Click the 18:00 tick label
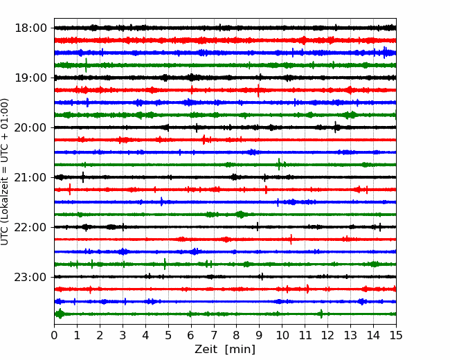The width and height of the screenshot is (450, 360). tap(30, 28)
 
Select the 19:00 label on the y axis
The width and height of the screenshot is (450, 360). tap(30, 78)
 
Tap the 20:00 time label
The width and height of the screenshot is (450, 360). tap(30, 127)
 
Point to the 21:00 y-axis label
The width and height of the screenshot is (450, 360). tap(30, 177)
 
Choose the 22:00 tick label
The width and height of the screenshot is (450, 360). tap(30, 227)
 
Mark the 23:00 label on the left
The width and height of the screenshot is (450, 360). tap(30, 277)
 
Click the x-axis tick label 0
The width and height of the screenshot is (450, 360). tap(55, 336)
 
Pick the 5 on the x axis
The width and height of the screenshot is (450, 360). tap(168, 336)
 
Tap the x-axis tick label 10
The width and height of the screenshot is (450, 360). tap(282, 336)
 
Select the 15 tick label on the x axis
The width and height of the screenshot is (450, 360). tap(395, 336)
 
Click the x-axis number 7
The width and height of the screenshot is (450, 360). tap(214, 336)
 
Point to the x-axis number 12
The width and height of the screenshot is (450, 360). tap(327, 336)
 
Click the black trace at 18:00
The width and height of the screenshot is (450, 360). tap(208, 28)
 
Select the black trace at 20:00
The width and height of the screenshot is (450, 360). tap(208, 127)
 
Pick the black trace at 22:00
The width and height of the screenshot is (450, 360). tap(208, 227)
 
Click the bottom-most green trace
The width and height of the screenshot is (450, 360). tap(208, 314)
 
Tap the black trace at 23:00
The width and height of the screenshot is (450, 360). tap(208, 277)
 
